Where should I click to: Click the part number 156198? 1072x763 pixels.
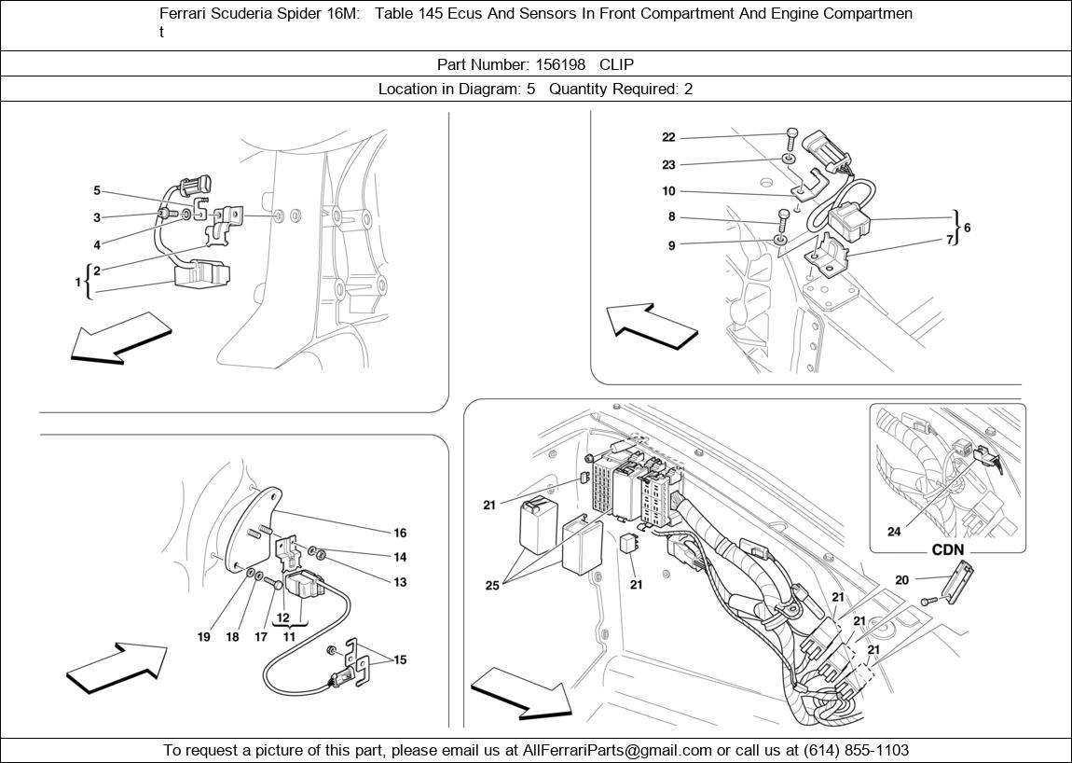coord(560,64)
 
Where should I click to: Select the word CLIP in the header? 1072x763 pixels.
coord(616,64)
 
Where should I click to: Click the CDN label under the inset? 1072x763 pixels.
coord(948,550)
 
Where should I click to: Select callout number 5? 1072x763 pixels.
coord(97,191)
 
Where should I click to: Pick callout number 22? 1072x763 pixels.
coord(668,137)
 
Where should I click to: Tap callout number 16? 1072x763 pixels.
coord(400,534)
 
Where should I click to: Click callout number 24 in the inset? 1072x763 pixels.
coord(894,533)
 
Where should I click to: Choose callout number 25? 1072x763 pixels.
coord(492,586)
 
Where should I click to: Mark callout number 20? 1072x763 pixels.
coord(901,580)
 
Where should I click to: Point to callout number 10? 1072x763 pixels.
coord(668,191)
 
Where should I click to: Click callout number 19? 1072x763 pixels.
coord(204,637)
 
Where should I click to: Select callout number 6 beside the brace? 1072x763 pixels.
coord(967,228)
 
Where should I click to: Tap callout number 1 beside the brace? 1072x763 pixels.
coord(78,282)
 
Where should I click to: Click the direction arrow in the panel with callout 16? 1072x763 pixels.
coord(117,666)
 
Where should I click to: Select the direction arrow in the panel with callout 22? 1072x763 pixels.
coord(651,326)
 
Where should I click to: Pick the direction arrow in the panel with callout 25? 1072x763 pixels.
coord(520,696)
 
